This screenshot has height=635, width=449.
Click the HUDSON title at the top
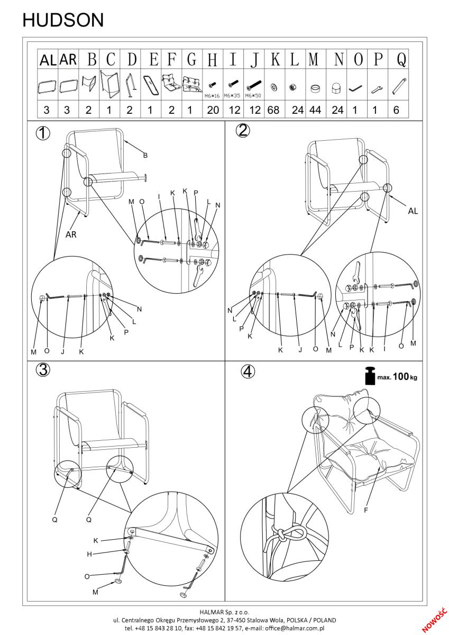tap(63, 20)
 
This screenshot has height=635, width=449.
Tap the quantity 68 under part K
tap(274, 110)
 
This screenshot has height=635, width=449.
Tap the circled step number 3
tap(43, 370)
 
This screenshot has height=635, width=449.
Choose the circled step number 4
tap(246, 372)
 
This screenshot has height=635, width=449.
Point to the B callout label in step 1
tap(145, 156)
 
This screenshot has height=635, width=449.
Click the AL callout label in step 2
tap(413, 211)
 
